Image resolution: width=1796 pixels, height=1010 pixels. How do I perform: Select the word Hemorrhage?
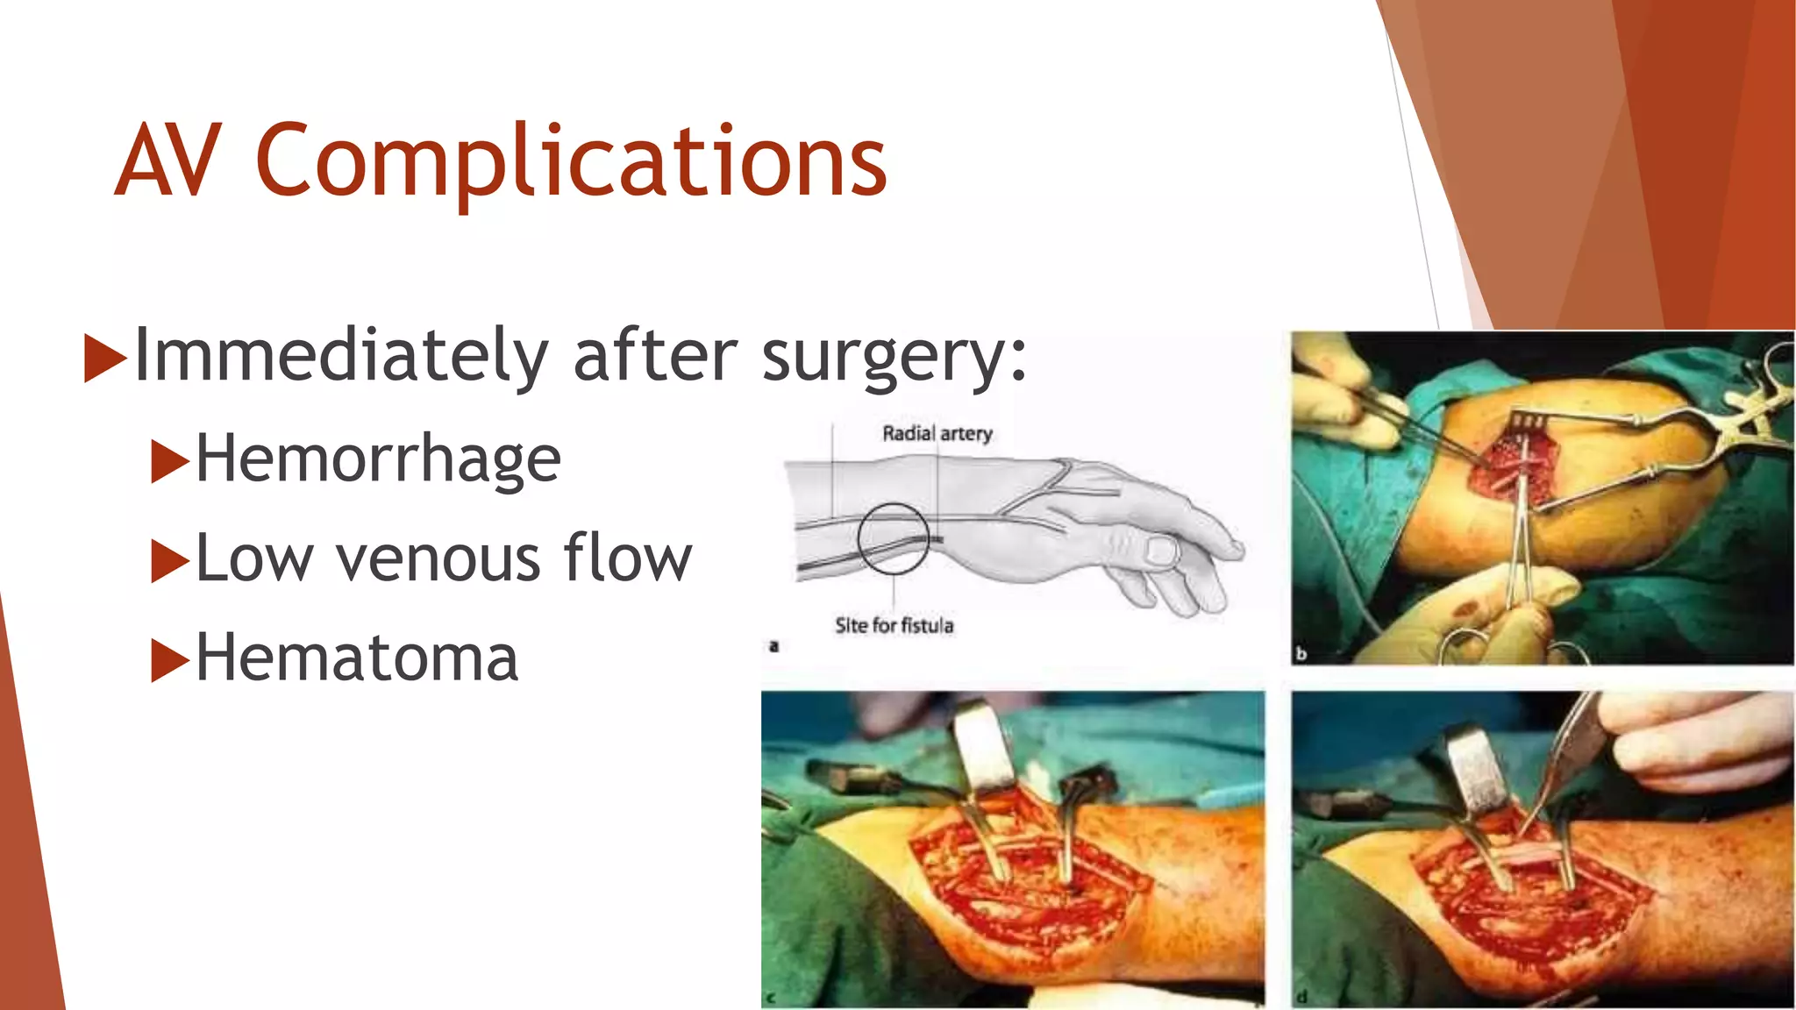(378, 459)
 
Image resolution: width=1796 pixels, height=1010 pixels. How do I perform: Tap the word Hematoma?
(357, 658)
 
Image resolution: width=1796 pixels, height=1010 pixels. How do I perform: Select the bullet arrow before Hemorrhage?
(169, 461)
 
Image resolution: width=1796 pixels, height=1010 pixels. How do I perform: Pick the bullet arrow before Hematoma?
(169, 660)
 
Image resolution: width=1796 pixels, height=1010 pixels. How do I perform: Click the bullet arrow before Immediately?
(104, 358)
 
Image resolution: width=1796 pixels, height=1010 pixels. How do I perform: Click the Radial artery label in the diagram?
(937, 434)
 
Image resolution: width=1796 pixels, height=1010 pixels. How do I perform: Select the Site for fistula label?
(894, 626)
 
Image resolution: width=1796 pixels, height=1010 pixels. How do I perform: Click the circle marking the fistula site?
(893, 538)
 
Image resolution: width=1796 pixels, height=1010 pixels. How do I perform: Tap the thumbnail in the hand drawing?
(1161, 551)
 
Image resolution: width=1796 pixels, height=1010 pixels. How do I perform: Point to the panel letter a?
(773, 647)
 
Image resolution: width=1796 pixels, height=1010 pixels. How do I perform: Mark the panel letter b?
(1301, 653)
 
